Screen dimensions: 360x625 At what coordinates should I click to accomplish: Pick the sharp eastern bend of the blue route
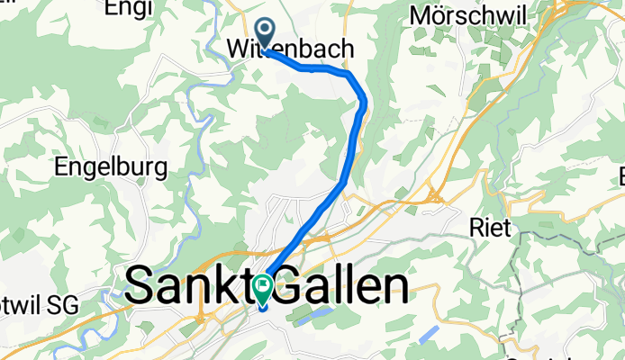click(x=363, y=101)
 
